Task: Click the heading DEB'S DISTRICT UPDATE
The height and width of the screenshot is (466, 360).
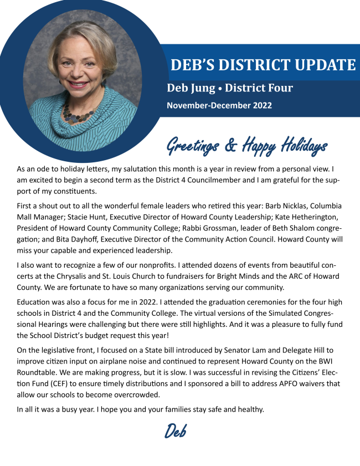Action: (x=263, y=65)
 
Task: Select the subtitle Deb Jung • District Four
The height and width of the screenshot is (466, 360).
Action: (x=230, y=88)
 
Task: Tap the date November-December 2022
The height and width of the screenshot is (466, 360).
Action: (x=219, y=105)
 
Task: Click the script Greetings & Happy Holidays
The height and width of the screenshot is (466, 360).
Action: (x=246, y=146)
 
